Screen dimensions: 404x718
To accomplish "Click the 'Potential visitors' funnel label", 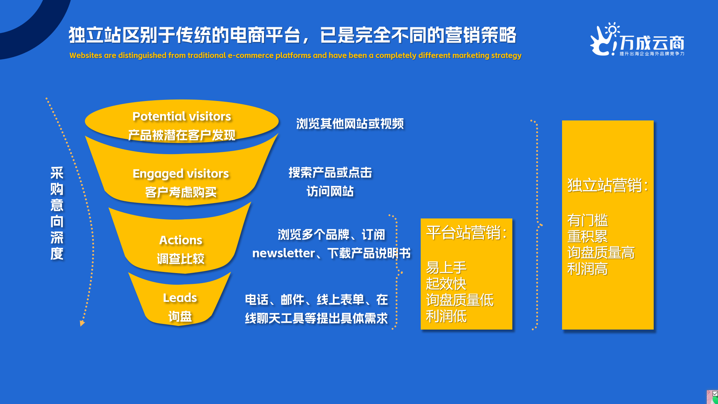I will coord(182,116).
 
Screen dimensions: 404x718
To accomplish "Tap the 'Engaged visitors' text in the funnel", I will coord(181,174).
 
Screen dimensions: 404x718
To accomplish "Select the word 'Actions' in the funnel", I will coord(181,240).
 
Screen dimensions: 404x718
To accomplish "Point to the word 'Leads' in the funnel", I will coord(180,298).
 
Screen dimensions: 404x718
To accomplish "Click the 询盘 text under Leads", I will coord(180,317).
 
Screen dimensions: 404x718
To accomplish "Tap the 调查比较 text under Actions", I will coord(181,259).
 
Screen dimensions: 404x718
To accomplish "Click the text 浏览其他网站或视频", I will coord(350,124).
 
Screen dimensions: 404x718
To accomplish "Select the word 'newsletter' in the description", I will coord(283,253).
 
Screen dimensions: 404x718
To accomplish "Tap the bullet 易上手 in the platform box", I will coord(446,267).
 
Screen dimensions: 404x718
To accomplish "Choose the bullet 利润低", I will coord(446,316).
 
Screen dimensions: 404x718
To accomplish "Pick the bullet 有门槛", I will coord(587,220).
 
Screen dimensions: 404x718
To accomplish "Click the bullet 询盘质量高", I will coord(601,253).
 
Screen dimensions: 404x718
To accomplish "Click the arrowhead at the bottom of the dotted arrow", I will coord(82,323).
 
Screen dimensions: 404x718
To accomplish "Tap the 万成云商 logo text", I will coord(652,43).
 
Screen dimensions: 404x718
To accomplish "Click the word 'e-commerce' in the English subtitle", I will coord(251,55).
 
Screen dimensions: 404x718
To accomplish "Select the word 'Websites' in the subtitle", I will coord(86,55).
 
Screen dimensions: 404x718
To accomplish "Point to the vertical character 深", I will coord(57,238).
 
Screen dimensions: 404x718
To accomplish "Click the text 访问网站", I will coord(330,192).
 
